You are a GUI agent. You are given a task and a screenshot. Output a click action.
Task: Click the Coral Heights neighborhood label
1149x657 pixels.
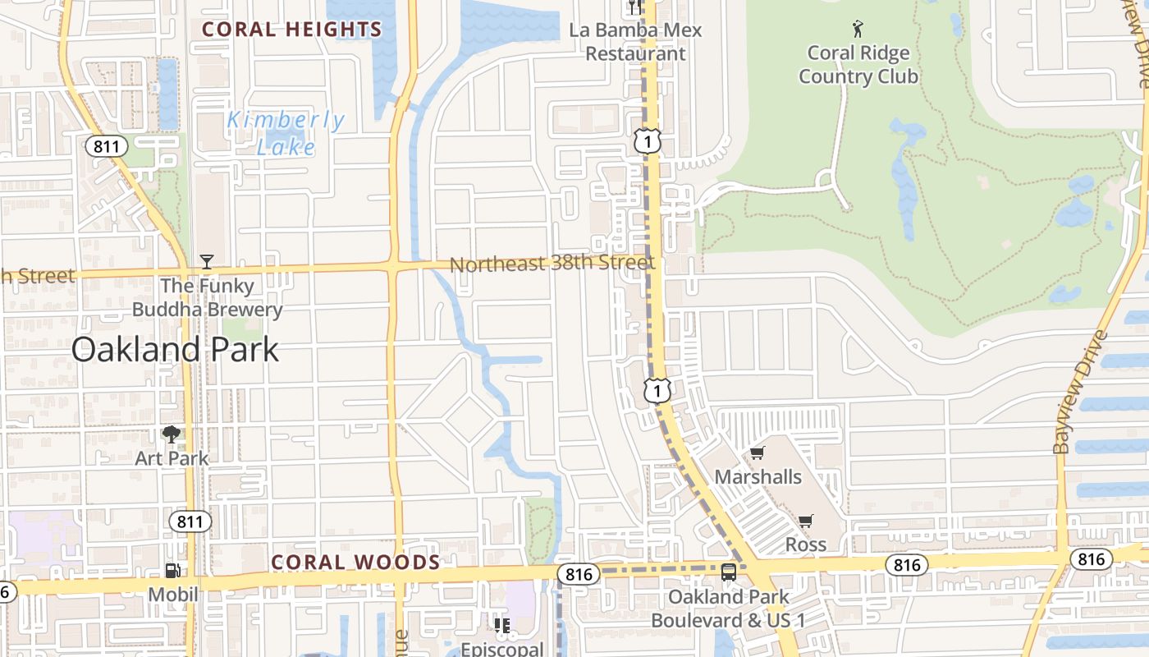(x=292, y=30)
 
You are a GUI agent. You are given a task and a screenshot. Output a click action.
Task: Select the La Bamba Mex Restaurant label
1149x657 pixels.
(x=636, y=42)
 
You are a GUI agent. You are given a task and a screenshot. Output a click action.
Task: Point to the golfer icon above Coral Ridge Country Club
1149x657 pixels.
(x=858, y=29)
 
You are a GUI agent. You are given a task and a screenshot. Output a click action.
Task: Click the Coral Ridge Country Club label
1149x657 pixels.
(x=858, y=65)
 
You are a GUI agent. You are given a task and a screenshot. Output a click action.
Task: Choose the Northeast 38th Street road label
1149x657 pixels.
(x=552, y=264)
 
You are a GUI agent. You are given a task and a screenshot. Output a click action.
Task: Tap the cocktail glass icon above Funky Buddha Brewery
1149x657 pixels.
(x=207, y=262)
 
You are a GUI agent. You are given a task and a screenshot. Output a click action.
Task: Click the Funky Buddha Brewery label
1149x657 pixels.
(x=208, y=298)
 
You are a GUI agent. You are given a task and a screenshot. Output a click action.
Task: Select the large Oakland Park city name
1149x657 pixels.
(x=175, y=350)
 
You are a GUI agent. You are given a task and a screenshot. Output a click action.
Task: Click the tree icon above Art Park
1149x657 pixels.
(x=172, y=434)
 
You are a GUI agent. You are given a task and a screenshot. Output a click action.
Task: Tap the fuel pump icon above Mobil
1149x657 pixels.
(x=172, y=570)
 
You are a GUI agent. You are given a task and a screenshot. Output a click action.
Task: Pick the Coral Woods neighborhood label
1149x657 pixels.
(x=355, y=563)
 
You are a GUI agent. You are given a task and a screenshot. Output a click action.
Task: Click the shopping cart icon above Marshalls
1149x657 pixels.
(x=758, y=453)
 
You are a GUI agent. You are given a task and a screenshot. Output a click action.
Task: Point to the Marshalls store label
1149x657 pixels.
(x=758, y=476)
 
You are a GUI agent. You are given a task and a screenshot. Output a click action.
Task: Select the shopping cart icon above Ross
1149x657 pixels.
(x=806, y=521)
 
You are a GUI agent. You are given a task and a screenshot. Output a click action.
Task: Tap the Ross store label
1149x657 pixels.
(x=806, y=544)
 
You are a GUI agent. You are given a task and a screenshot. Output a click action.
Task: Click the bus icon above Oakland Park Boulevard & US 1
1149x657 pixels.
(x=729, y=572)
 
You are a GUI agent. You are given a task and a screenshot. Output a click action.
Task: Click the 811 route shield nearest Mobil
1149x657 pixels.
(x=190, y=521)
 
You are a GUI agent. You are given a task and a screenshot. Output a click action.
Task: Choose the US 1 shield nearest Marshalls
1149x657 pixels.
(x=657, y=391)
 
